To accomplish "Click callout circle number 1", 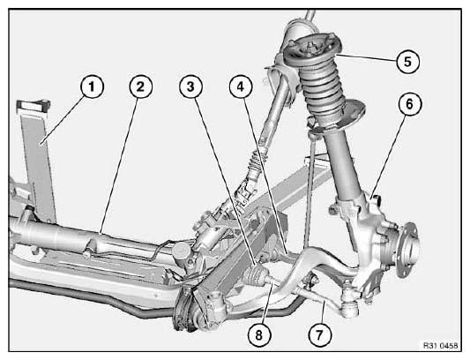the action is click(x=92, y=86).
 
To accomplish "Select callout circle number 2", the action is click(x=140, y=86).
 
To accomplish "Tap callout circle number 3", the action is click(x=190, y=86).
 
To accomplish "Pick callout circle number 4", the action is click(x=241, y=86).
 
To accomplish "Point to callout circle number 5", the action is click(x=407, y=62).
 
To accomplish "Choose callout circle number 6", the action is click(x=410, y=104).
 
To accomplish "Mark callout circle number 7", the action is click(x=319, y=334).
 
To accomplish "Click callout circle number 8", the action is click(x=259, y=334).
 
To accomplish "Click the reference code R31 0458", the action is click(x=440, y=346).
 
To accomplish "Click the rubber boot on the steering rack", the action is click(x=256, y=275).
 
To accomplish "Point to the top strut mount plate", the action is click(x=312, y=49).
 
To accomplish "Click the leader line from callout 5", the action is click(x=366, y=57).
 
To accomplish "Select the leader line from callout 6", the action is click(x=389, y=155).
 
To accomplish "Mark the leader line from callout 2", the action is click(x=119, y=165).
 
